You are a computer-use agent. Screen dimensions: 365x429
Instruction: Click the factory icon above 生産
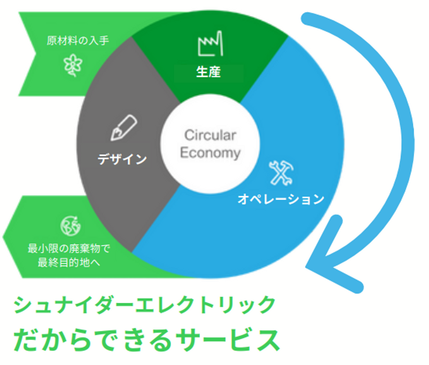210,44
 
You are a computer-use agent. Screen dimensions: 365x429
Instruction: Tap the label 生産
208,72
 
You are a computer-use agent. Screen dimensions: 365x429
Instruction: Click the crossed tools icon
281,173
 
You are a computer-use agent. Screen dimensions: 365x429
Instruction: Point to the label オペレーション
281,199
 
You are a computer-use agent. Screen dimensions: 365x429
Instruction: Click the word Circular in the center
210,135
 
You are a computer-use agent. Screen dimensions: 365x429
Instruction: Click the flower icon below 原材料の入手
73,65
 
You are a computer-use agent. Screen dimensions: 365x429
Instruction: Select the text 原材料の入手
78,41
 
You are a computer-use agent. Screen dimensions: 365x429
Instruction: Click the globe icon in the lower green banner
71,226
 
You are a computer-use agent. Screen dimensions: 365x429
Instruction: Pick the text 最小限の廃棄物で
69,248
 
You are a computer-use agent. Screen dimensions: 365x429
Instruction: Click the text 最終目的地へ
69,263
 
